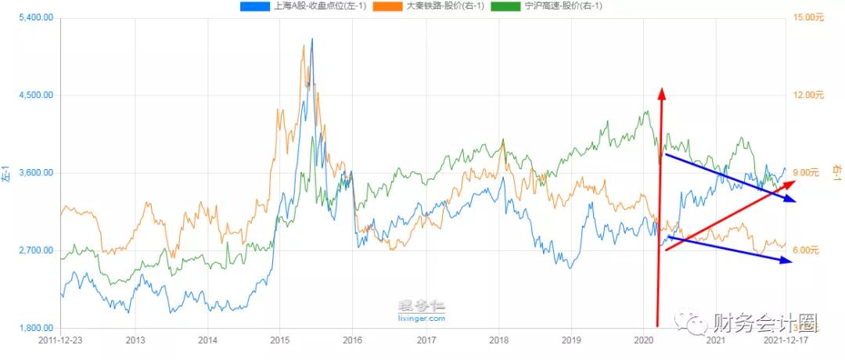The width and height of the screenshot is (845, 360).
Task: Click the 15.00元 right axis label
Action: point(809,17)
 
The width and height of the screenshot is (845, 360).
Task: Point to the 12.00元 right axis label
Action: point(809,95)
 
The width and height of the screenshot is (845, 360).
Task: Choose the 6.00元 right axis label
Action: point(806,250)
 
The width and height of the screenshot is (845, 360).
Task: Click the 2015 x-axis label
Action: point(280,340)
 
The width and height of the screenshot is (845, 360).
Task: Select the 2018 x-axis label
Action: point(498,340)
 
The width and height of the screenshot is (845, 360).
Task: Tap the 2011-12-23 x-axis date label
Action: point(59,340)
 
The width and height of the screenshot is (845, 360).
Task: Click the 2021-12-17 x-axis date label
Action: point(784,340)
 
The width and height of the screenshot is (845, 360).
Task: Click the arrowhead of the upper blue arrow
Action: point(793,201)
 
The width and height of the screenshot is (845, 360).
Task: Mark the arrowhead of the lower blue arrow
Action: point(790,261)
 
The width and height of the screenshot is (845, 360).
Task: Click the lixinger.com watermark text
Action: point(422,319)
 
